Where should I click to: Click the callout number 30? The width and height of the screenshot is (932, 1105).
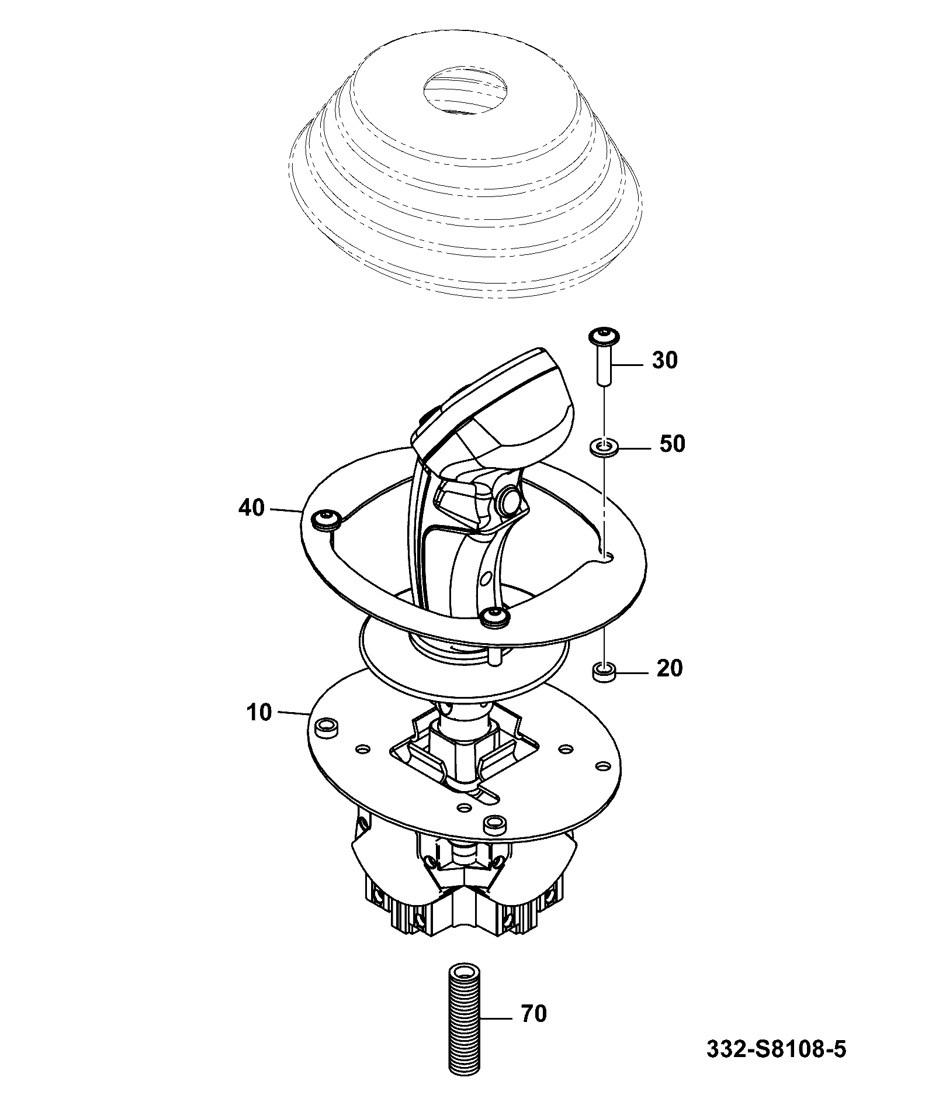(664, 361)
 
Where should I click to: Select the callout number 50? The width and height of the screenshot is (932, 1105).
(671, 444)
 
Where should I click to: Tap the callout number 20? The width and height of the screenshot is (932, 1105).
(670, 668)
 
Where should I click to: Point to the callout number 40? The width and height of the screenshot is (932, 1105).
(251, 508)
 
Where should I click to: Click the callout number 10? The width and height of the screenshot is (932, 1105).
(259, 713)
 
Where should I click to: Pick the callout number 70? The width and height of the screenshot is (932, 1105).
(533, 1014)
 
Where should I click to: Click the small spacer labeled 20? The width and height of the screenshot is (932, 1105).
(605, 672)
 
